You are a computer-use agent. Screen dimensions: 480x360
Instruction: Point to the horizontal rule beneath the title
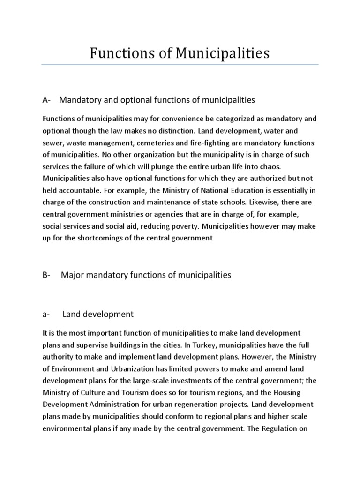(180, 65)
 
